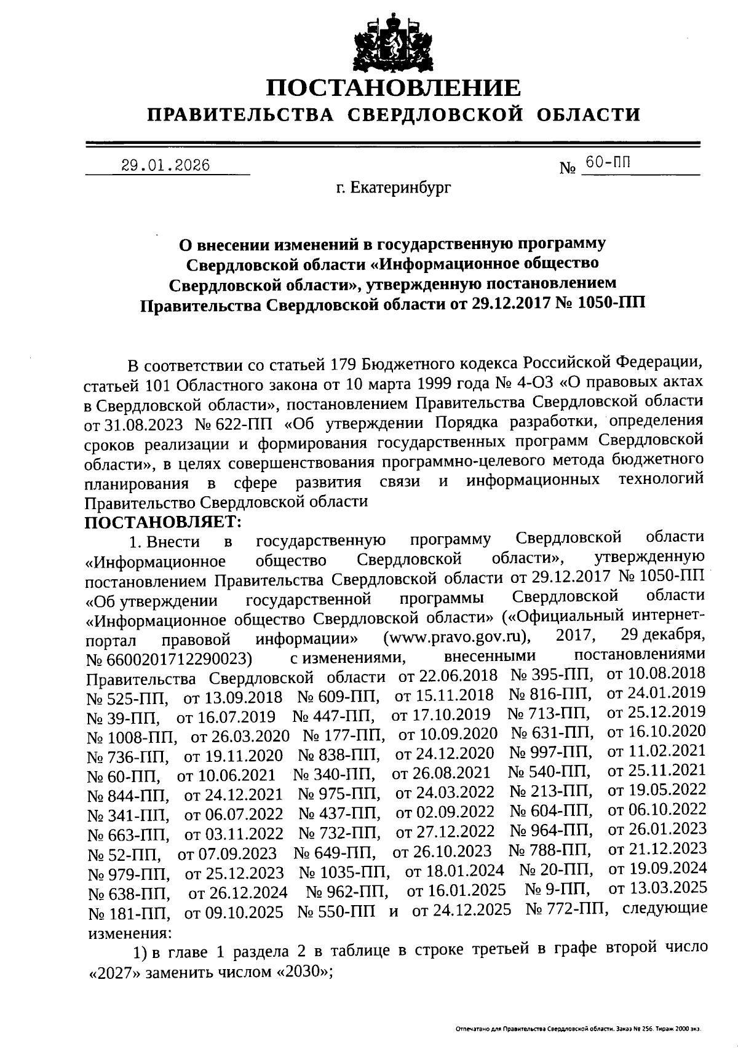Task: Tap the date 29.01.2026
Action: [165, 165]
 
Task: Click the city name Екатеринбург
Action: [394, 188]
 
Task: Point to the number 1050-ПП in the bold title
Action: [607, 304]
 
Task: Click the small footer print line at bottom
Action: [578, 1028]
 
